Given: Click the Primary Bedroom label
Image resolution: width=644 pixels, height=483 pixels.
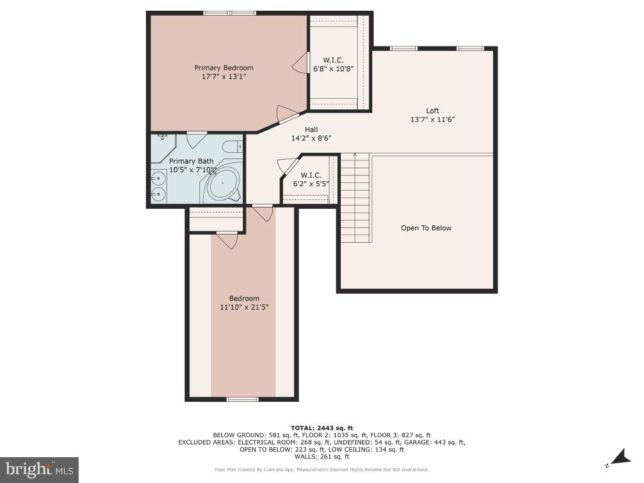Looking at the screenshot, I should (x=223, y=68).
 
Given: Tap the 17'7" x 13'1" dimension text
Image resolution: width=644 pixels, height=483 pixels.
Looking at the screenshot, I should (x=223, y=77).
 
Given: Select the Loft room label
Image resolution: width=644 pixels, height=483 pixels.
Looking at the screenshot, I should (x=432, y=111).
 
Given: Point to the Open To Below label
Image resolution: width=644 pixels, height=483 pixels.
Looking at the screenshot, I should (x=426, y=228).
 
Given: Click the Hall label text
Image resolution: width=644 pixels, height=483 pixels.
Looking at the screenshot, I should (x=311, y=130).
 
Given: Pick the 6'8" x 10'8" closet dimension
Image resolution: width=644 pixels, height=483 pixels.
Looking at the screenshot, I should (x=333, y=69).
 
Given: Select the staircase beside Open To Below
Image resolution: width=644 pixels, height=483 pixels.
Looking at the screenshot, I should (x=355, y=198).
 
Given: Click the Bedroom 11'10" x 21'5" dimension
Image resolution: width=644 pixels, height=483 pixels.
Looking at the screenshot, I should (x=243, y=307).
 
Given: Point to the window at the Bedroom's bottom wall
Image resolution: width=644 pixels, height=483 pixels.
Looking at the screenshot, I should (x=242, y=399).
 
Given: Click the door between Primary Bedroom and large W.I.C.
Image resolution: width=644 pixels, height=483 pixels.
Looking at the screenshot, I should (x=300, y=64).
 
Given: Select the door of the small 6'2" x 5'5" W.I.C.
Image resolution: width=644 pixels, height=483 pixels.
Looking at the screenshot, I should (x=287, y=166).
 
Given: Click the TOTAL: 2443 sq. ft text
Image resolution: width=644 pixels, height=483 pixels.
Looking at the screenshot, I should (x=321, y=428).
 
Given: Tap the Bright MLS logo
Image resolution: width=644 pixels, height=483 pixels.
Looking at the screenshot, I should (x=39, y=469).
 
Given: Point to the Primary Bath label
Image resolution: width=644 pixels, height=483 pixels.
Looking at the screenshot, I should (x=191, y=162).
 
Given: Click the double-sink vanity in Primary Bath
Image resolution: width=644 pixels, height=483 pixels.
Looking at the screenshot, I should (x=158, y=187).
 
